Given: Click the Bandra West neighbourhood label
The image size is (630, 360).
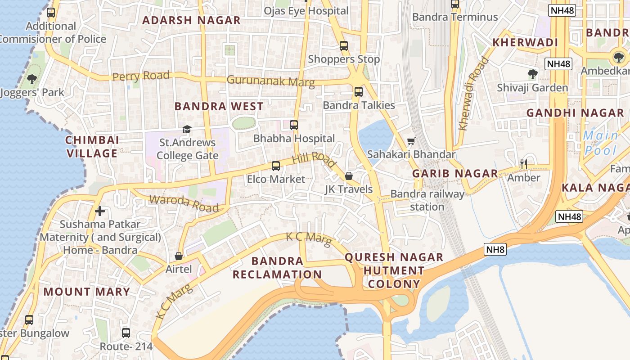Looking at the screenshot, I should click(x=219, y=107).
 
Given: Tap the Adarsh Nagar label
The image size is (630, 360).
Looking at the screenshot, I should click(x=192, y=20).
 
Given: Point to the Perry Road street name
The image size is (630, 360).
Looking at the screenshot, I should click(x=141, y=76).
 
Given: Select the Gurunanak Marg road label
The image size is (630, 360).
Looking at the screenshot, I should click(x=270, y=81).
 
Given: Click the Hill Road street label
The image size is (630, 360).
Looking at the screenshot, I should click(x=314, y=160).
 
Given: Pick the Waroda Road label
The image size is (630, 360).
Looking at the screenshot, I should click(x=184, y=203).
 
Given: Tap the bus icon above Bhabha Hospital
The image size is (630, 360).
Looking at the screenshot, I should click(x=294, y=125).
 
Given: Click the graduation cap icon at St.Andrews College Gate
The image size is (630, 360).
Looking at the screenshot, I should click(x=187, y=130).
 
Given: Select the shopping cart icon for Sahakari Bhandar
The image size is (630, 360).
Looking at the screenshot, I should click(x=411, y=142).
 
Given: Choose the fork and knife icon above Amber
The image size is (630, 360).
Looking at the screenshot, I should click(x=523, y=164).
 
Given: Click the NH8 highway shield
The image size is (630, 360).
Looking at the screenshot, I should click(x=495, y=249).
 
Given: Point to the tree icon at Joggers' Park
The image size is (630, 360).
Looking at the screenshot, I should click(x=31, y=80).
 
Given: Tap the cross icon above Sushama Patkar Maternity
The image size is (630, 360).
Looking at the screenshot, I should click(x=100, y=211).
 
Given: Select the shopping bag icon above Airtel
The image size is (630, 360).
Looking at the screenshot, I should click(x=179, y=256).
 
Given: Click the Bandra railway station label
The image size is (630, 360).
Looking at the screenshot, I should click(x=427, y=200).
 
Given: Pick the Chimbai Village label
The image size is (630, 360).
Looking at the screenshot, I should click(x=92, y=147).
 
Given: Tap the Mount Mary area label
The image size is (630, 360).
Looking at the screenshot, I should click(x=86, y=292).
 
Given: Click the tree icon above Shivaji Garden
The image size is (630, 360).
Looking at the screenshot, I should click(x=533, y=74).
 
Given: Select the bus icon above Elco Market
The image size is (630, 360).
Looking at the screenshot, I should click(x=276, y=166).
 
